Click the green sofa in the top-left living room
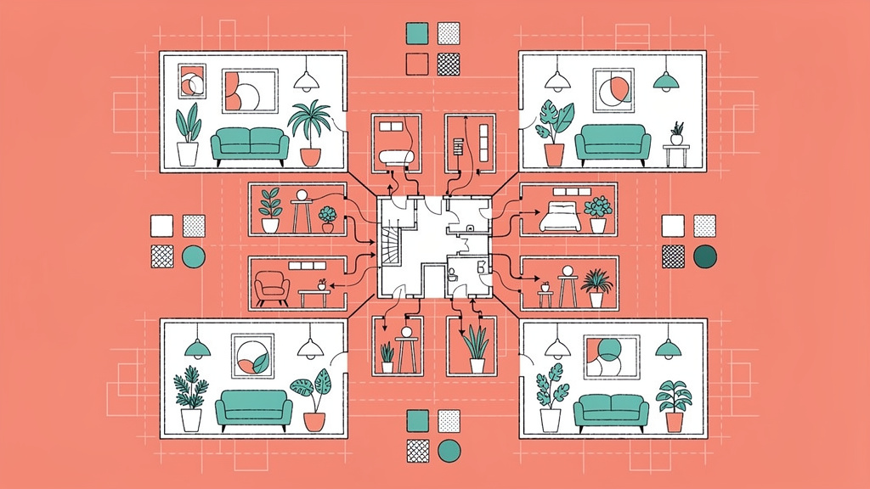[x=250, y=144]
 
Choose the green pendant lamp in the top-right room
[x=665, y=81]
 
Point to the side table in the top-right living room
[x=676, y=154]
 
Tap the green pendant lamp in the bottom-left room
[x=198, y=346]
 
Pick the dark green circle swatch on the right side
[x=705, y=256]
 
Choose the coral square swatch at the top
[x=417, y=64]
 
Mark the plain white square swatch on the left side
[x=161, y=225]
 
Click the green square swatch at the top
[x=417, y=33]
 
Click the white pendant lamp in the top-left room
[x=306, y=81]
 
